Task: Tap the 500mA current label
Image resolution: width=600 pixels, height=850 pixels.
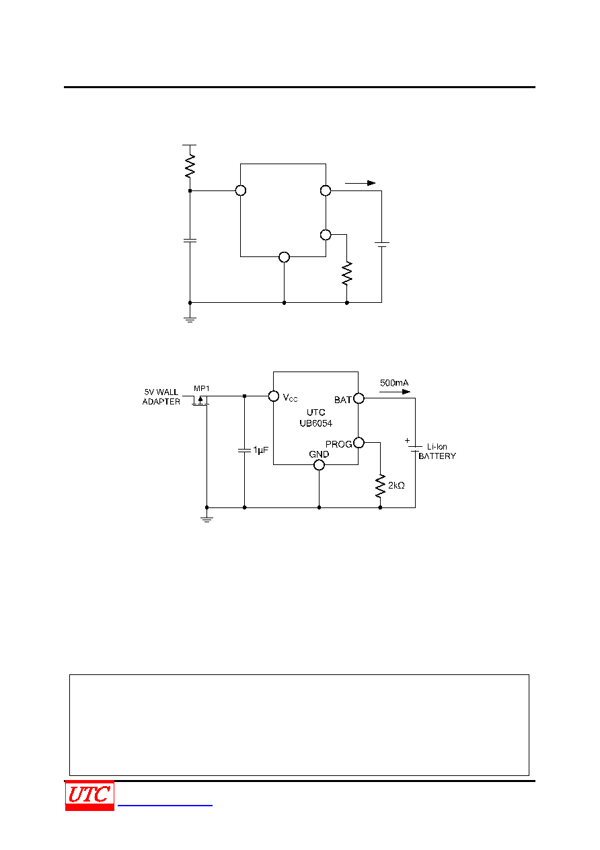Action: (x=394, y=383)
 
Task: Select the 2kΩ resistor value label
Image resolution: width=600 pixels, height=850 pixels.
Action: (x=396, y=485)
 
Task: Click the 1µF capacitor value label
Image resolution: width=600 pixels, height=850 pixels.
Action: (x=260, y=450)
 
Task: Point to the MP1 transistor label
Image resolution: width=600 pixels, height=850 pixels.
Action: (x=201, y=388)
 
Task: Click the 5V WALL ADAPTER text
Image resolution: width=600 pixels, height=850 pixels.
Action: (x=161, y=396)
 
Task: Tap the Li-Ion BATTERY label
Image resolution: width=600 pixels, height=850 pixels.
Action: (x=437, y=451)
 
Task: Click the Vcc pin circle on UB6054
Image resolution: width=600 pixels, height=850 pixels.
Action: (x=274, y=396)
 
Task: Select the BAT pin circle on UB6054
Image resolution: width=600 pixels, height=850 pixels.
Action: (x=359, y=398)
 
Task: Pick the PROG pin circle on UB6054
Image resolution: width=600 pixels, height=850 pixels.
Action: (x=359, y=443)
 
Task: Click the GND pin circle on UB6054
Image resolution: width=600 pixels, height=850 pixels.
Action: (x=319, y=465)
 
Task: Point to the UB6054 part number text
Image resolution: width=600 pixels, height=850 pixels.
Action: (x=316, y=423)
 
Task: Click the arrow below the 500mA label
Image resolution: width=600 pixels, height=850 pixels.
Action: (x=395, y=392)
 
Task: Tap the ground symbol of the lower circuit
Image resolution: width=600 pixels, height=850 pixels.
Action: (x=207, y=519)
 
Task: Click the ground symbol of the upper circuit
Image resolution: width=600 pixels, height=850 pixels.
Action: (x=190, y=320)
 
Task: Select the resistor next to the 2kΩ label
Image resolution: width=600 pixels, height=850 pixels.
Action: (x=380, y=486)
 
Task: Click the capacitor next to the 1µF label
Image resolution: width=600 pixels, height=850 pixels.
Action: (x=244, y=450)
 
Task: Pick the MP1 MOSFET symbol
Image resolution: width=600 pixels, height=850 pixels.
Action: (x=200, y=400)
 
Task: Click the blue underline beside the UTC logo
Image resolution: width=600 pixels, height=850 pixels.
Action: (x=165, y=805)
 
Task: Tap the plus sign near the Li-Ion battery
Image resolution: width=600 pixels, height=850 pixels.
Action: (x=407, y=441)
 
